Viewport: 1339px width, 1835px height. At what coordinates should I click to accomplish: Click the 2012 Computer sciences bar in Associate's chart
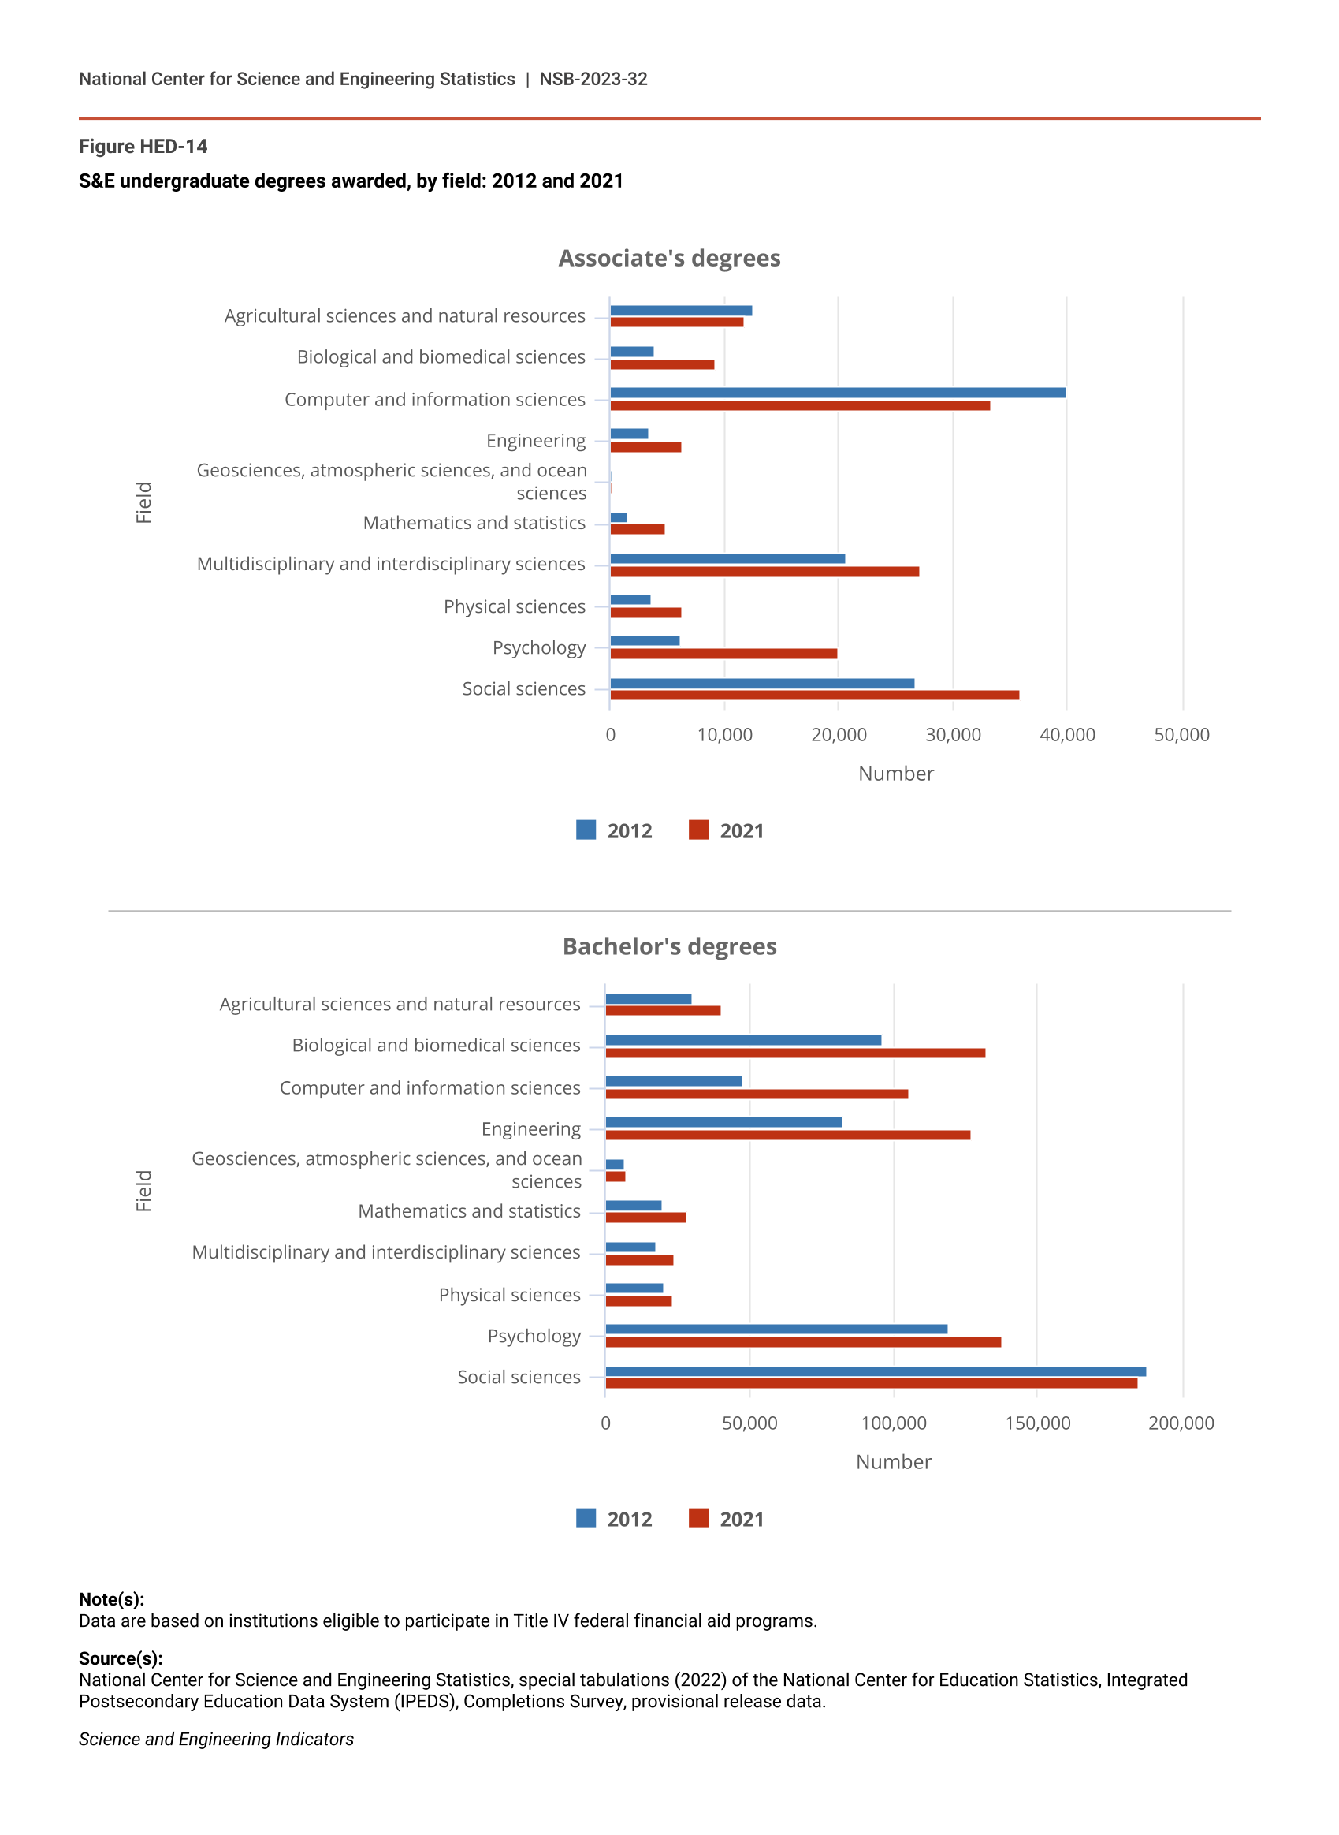click(837, 393)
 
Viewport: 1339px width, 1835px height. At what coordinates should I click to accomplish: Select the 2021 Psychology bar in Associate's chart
click(723, 654)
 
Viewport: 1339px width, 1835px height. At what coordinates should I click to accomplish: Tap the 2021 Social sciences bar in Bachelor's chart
click(872, 1383)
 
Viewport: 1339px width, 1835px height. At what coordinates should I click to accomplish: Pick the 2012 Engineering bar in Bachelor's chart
click(723, 1122)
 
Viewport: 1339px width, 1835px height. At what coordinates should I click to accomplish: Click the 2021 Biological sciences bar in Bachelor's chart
click(795, 1054)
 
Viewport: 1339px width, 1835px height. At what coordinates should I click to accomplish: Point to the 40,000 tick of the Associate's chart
click(1066, 736)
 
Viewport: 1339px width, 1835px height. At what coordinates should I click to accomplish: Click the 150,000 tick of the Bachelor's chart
click(1037, 1423)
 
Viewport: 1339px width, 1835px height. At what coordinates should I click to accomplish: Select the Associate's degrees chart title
click(670, 259)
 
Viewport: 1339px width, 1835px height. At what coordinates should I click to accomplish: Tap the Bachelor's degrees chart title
click(670, 947)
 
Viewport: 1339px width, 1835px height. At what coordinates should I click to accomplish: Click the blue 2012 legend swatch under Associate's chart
click(586, 830)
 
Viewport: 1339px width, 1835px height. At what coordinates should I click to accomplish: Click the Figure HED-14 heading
click(143, 147)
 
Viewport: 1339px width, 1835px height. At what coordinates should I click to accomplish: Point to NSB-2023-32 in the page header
click(593, 80)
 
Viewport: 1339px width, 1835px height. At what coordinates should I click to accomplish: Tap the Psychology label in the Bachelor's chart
click(534, 1337)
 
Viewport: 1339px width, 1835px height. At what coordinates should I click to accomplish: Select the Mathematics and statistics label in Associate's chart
click(474, 523)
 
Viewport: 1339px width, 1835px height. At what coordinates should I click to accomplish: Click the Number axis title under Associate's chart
click(895, 774)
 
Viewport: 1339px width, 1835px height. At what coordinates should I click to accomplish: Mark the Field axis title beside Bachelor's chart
click(143, 1192)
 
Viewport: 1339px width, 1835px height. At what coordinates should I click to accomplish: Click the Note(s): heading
click(111, 1600)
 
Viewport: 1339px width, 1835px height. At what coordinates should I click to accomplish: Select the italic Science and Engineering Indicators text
click(217, 1740)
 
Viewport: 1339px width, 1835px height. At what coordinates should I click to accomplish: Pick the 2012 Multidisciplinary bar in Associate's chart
click(727, 558)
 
